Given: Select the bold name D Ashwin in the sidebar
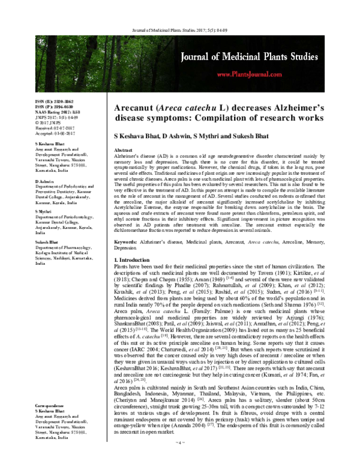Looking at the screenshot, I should (46, 180).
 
